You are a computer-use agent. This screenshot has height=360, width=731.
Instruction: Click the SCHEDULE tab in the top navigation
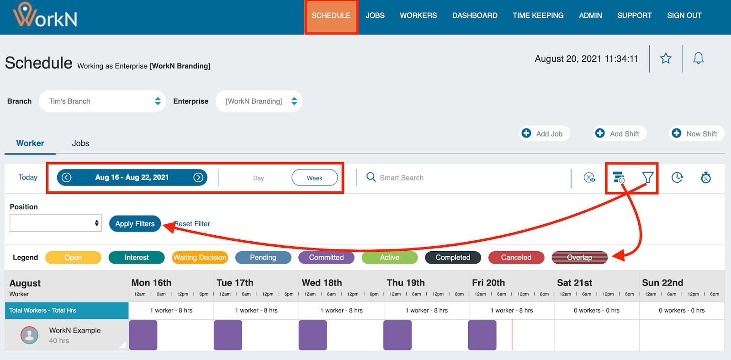click(331, 16)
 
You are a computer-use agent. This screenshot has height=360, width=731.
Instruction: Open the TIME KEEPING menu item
click(538, 16)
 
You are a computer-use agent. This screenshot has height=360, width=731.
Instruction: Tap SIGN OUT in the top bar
click(684, 16)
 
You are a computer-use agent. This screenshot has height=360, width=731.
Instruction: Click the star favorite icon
click(666, 58)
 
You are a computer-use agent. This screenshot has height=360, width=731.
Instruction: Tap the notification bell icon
click(698, 58)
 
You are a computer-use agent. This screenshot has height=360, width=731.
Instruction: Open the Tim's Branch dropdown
click(102, 101)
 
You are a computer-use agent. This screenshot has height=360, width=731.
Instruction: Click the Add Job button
click(544, 133)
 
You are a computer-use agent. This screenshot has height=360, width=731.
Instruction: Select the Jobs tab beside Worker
click(80, 143)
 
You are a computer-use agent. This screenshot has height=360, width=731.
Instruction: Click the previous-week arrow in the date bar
click(67, 178)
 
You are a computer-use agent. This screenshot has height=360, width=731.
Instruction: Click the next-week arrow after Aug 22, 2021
click(198, 178)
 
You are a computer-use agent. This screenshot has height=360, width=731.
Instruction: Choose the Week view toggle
click(314, 178)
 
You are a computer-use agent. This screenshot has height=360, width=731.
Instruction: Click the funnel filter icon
click(647, 177)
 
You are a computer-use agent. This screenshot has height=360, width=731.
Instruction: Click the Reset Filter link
click(192, 224)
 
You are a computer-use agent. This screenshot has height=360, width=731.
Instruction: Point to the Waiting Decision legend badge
click(200, 258)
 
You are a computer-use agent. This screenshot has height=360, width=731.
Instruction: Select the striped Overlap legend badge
click(579, 258)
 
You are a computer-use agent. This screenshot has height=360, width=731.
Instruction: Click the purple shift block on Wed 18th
click(313, 335)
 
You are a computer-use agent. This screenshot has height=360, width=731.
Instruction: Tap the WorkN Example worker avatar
click(30, 335)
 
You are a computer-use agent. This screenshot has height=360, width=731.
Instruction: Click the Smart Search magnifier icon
click(371, 177)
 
